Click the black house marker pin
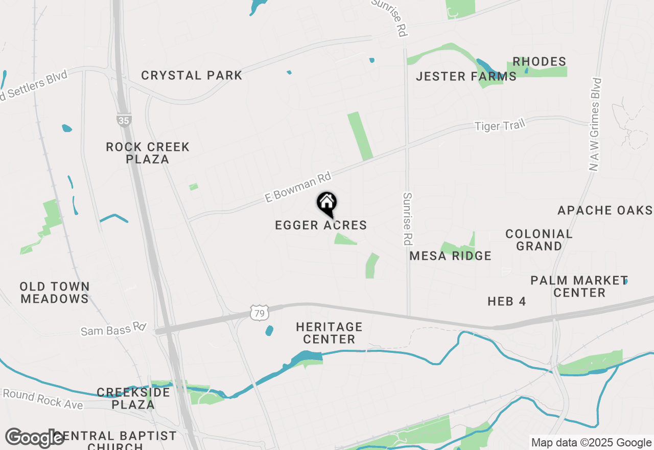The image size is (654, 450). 326,204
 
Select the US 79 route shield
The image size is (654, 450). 260,313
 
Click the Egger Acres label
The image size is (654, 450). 321,225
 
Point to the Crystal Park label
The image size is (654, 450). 192,76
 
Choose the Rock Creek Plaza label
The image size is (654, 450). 148,153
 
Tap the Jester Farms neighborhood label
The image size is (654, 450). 466,77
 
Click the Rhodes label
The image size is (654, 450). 539,62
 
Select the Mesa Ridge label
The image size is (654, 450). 450,256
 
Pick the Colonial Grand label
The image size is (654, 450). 539,240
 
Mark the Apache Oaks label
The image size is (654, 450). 605,210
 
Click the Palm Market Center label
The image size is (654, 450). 579,286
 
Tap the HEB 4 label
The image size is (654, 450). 506,302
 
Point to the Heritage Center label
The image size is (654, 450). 329,333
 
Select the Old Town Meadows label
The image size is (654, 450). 55,292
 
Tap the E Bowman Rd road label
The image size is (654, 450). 298,187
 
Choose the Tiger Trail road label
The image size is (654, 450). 500,125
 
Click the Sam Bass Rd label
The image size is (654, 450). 113,330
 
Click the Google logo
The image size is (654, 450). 35,438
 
